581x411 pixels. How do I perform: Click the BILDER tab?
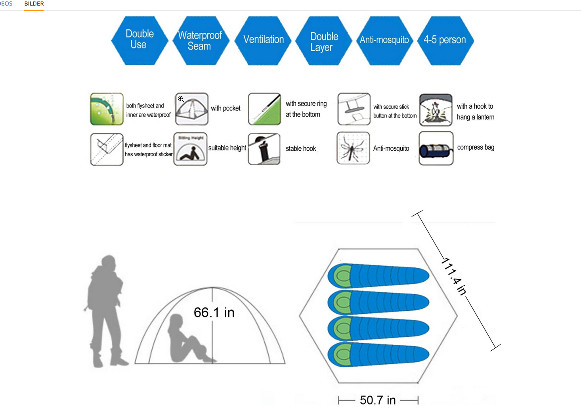point(34,4)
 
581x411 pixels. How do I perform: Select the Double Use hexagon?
point(140,40)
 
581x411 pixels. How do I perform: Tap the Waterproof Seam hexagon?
point(201,40)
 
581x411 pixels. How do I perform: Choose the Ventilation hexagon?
point(263,40)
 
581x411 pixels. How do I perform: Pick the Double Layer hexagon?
point(324,40)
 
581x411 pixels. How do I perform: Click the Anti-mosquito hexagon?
point(385,40)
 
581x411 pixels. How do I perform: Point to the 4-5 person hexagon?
point(445,40)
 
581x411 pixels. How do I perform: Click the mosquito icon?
point(353,148)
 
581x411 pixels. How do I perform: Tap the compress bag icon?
point(436,148)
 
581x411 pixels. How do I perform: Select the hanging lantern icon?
point(436,110)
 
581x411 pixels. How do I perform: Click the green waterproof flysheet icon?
point(107,109)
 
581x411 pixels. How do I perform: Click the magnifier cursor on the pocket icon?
point(181,99)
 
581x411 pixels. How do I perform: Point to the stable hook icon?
point(264,149)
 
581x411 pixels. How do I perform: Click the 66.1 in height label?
point(214,312)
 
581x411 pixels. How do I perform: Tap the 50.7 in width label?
point(378,400)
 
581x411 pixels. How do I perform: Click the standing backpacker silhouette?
point(105,311)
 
